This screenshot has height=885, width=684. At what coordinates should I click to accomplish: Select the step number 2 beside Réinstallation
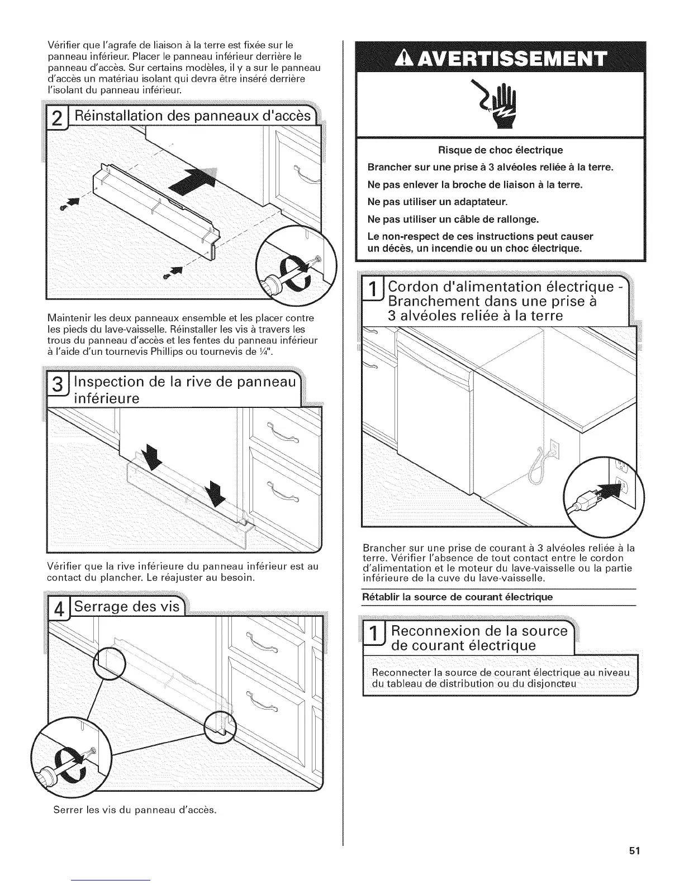pos(56,119)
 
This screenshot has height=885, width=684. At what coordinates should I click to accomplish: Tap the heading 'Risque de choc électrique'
pos(500,150)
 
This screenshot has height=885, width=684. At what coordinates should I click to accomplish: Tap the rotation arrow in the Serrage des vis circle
pos(73,761)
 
